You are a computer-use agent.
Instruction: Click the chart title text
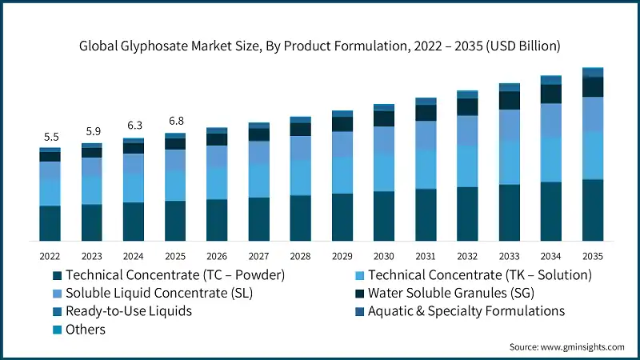coord(320,46)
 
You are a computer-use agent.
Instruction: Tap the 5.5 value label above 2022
coord(50,137)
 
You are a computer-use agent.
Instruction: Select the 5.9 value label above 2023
coord(91,131)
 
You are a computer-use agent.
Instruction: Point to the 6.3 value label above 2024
coord(133,126)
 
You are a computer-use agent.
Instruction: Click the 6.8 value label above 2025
coord(174,121)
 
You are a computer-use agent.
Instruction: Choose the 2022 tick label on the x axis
coord(50,256)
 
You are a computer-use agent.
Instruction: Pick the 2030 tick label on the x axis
coord(383,256)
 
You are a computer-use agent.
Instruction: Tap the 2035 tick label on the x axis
coord(592,256)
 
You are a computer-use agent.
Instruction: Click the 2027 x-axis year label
coord(258,256)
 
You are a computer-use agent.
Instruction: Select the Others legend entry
coord(86,330)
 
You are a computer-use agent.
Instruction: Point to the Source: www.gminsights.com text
coord(566,347)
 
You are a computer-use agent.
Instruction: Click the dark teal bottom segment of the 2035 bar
coord(592,210)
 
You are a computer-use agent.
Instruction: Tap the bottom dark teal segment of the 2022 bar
coord(50,223)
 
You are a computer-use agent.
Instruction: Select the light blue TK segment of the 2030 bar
coord(383,172)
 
